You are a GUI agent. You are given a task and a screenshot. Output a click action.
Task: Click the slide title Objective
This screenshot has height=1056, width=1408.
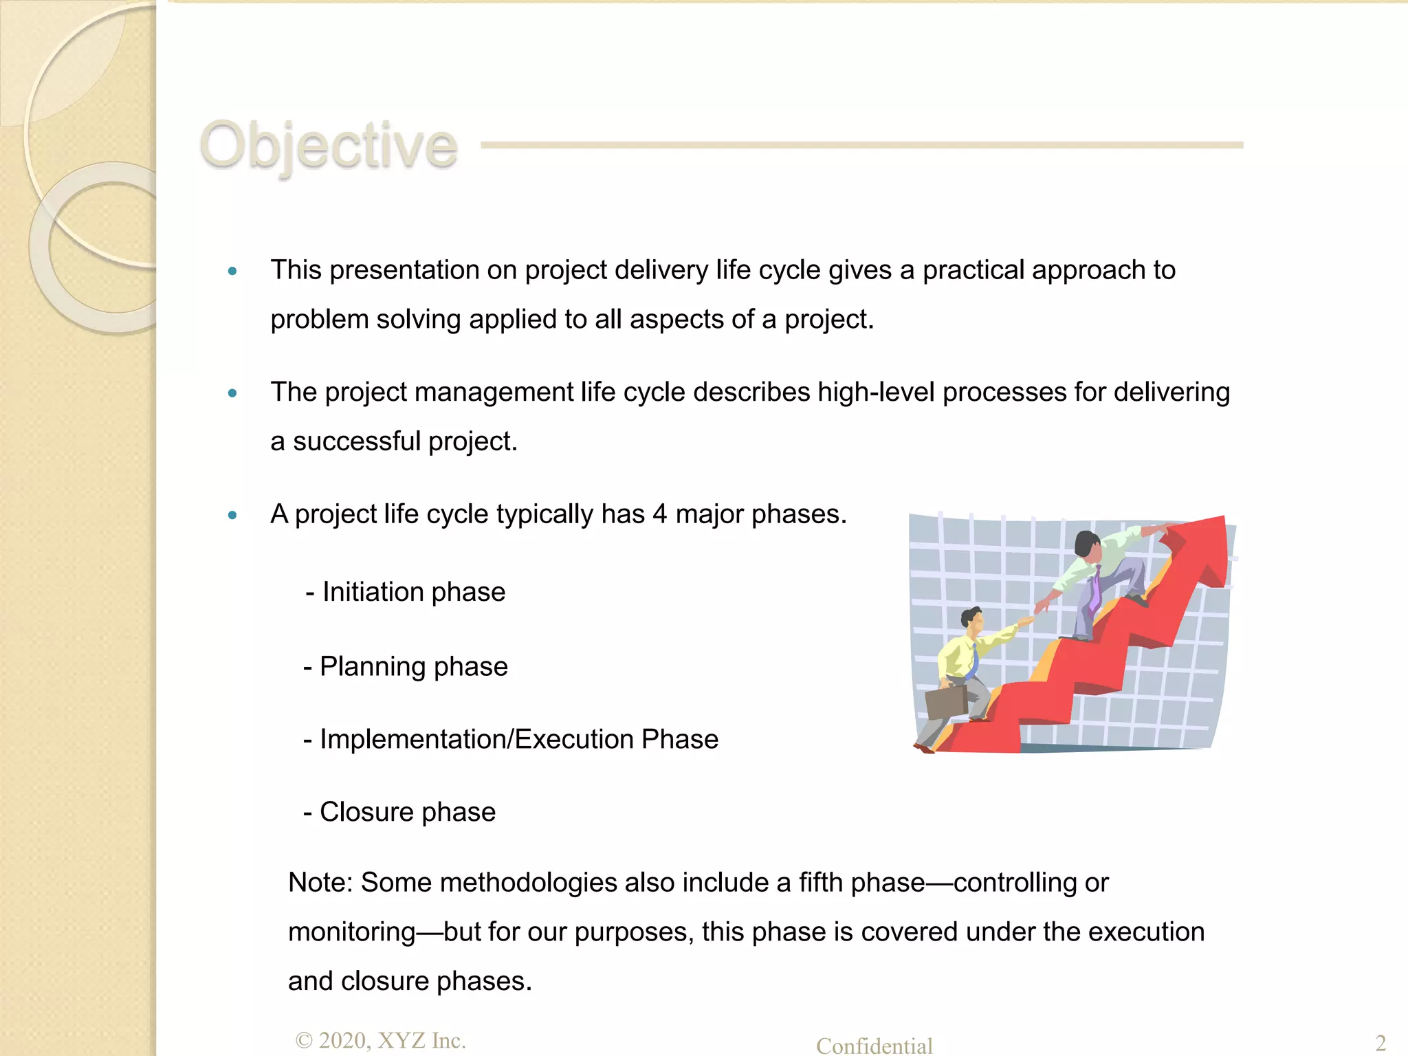[328, 145]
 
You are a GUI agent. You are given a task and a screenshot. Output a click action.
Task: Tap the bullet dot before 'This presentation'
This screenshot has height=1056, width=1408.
[232, 271]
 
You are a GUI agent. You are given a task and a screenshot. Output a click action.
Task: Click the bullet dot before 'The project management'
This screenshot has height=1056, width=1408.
[232, 393]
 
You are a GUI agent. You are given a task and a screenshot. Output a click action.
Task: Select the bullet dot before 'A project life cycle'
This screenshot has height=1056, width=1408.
[232, 515]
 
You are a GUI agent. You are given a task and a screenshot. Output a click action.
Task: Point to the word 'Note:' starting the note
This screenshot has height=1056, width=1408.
[320, 883]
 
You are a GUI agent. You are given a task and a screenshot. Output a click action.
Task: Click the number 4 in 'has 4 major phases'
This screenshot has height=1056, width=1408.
[659, 514]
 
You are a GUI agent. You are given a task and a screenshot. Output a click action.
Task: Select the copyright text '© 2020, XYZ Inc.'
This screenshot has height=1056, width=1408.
[380, 1040]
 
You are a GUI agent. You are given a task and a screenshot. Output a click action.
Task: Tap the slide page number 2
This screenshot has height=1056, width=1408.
[1380, 1043]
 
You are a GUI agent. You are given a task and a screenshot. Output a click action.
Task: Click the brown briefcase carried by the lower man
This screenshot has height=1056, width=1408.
[947, 702]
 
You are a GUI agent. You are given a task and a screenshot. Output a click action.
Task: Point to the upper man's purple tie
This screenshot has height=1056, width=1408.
[1094, 588]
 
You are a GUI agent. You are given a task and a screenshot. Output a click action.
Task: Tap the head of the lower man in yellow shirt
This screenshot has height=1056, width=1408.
[971, 620]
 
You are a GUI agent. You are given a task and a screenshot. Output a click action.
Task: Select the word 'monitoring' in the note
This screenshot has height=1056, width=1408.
[351, 932]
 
